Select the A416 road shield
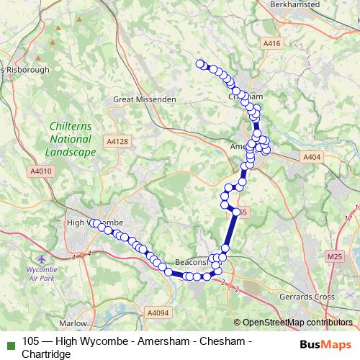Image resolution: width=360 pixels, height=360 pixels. tap(271, 44)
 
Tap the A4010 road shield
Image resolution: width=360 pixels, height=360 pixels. tap(42, 171)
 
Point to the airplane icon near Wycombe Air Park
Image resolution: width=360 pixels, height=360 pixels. tap(41, 257)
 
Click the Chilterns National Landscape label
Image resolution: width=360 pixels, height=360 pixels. tap(70, 139)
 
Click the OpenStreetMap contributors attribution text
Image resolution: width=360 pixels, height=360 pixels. tap(297, 323)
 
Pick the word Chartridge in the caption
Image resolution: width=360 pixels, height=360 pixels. tap(47, 354)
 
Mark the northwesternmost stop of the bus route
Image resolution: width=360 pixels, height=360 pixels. tap(199, 63)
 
